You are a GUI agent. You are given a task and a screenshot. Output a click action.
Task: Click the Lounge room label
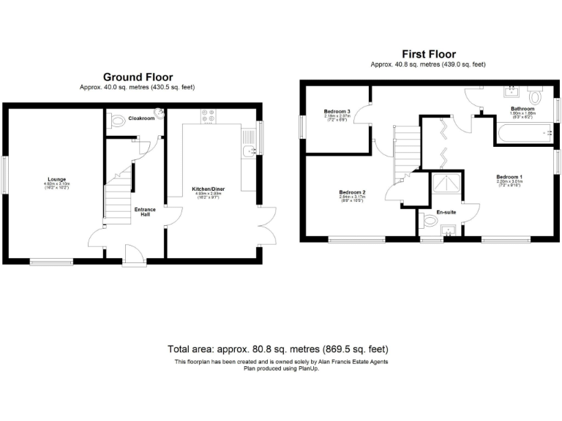coord(56,179)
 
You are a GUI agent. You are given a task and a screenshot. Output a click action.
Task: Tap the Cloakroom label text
coord(141,118)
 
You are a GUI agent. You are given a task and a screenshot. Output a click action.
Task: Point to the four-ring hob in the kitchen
coord(207,116)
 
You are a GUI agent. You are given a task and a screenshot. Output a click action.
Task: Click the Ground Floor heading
coord(138,77)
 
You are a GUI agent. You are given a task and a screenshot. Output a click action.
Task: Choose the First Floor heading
coord(428,54)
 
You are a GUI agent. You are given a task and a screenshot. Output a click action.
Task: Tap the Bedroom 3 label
coord(337,112)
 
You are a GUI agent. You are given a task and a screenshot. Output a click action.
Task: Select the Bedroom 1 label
coord(509,177)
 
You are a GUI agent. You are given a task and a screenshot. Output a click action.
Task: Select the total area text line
coord(278,349)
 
